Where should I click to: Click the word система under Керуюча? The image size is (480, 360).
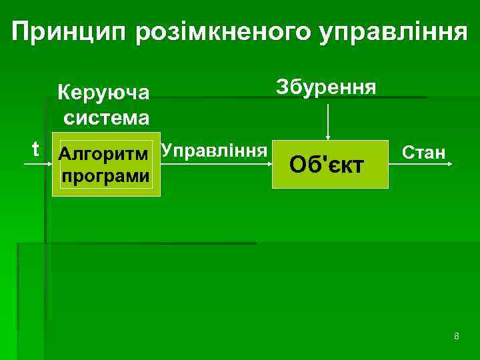coord(107,118)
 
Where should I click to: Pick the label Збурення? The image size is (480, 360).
coord(326,87)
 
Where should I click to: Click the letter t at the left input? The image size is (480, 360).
coord(35,148)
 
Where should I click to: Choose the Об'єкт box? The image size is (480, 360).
coord(331,164)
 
